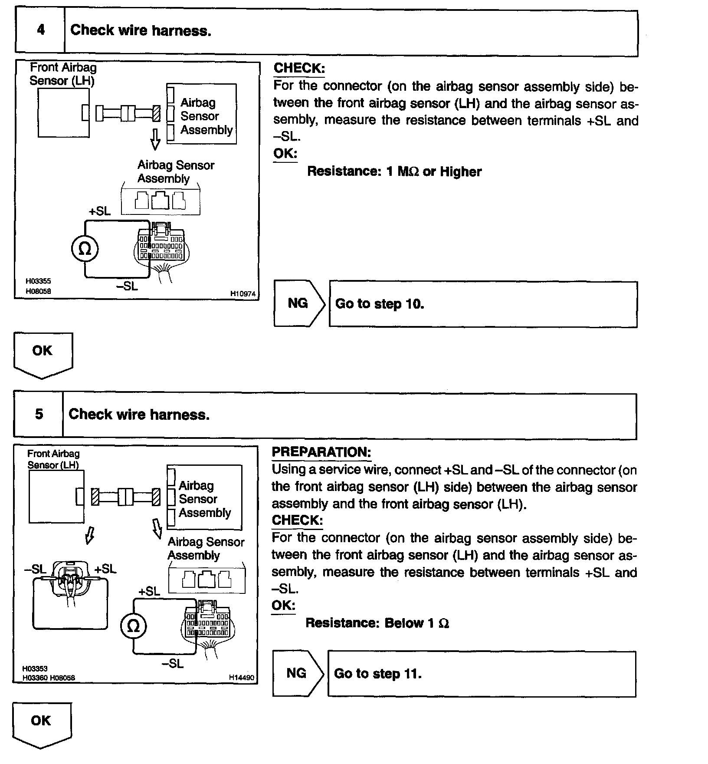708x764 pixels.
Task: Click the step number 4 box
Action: click(40, 30)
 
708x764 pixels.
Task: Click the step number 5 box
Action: click(39, 414)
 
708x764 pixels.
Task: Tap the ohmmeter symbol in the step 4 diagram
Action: click(85, 249)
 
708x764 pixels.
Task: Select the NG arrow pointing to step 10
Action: click(298, 303)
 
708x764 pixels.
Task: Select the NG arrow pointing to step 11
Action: click(297, 673)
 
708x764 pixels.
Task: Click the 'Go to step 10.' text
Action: click(380, 304)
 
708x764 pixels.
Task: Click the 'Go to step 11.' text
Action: click(378, 674)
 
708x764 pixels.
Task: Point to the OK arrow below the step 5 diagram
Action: click(41, 724)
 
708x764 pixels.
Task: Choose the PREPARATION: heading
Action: click(321, 452)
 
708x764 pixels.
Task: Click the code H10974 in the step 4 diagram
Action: click(243, 294)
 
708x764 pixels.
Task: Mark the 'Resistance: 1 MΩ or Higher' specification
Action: click(394, 171)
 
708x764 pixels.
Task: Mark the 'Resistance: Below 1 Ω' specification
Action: click(377, 623)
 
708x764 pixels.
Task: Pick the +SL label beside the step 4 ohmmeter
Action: click(100, 211)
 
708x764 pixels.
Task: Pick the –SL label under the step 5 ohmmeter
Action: click(172, 664)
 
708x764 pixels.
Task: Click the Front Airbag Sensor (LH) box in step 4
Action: click(63, 113)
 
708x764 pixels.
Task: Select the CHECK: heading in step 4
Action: click(299, 68)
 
